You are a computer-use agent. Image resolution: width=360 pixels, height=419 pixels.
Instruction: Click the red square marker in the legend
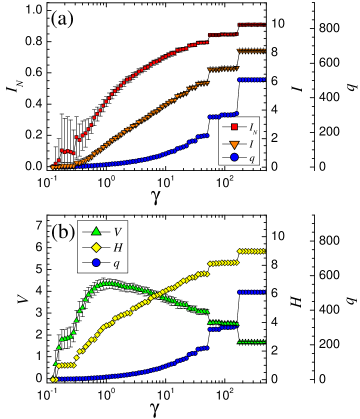coord(234,127)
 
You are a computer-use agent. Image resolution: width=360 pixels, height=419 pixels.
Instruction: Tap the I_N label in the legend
coord(253,127)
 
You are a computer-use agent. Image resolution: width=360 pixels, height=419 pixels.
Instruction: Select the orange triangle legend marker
coord(234,143)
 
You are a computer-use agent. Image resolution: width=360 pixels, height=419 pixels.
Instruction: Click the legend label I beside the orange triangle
coord(251,143)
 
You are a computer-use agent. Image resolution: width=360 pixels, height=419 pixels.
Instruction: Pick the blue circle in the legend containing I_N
coord(234,157)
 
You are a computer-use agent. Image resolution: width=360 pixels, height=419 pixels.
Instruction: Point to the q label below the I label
coord(252,158)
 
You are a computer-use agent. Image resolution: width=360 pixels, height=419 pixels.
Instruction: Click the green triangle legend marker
coord(96,231)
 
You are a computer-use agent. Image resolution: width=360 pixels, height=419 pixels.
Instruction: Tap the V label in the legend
coord(117,232)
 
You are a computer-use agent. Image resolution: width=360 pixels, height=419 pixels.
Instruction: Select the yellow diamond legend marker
coord(96,247)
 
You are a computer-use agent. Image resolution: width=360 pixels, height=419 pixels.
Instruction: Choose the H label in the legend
coord(117,247)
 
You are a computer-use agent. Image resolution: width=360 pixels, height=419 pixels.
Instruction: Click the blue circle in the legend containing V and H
coord(96,262)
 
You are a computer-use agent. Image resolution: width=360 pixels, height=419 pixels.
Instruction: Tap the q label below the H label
coord(116,263)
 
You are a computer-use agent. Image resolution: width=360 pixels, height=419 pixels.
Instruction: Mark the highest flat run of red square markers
coord(251,24)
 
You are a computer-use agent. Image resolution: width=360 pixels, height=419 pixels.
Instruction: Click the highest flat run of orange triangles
coord(251,50)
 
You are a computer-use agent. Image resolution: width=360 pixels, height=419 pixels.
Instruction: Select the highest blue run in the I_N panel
coord(251,79)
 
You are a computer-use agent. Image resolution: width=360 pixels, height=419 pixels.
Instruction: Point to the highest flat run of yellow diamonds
coord(251,251)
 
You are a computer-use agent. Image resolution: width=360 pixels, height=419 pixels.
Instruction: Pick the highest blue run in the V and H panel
coord(251,292)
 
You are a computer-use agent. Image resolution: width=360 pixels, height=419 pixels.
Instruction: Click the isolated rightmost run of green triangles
coord(251,342)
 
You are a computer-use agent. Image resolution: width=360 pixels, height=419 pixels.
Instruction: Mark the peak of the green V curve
coord(107,283)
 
